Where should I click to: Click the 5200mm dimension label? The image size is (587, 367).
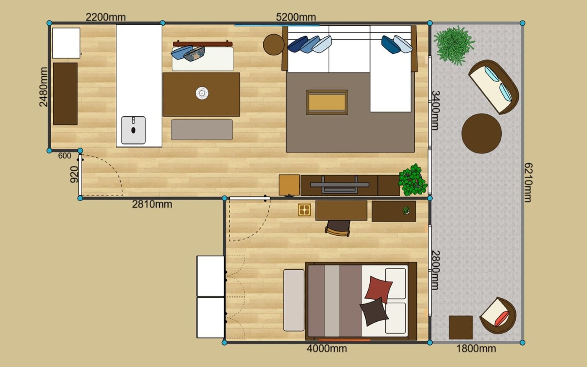296,17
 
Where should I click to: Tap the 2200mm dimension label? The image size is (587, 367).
106,17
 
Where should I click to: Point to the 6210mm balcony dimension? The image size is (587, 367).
528,182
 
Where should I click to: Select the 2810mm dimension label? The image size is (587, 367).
152,204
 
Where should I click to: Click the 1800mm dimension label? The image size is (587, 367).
476,349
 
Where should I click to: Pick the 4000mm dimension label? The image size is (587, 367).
327,349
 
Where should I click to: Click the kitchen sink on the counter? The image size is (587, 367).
133,130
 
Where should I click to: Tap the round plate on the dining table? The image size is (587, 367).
202,93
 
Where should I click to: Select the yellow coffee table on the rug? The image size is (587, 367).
327,102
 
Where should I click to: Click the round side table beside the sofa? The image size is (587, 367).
273,44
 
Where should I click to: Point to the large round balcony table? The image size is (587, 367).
482,133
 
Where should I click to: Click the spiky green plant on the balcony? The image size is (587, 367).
454,45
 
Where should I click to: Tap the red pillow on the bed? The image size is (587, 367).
379,290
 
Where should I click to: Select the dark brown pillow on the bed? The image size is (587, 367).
374,312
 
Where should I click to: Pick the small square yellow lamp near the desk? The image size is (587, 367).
304,210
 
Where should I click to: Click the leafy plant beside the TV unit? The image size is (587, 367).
413,180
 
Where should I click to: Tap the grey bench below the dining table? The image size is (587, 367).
202,130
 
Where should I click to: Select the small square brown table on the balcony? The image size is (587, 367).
461,328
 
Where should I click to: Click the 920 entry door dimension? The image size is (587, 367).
74,174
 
